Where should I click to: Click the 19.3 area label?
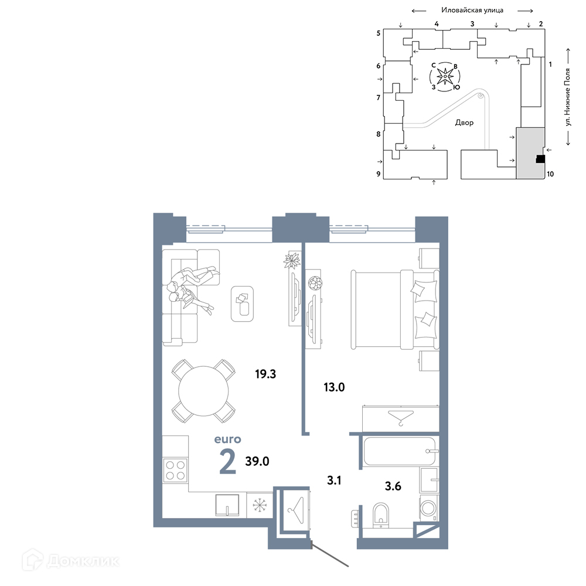[265, 374]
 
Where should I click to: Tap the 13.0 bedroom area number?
[334, 387]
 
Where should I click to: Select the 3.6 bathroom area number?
[393, 486]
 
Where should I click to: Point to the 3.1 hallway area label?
[334, 481]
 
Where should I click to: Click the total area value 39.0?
[257, 461]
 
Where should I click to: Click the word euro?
[227, 439]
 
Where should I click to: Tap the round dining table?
[203, 391]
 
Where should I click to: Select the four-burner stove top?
[175, 470]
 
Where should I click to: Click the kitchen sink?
[227, 505]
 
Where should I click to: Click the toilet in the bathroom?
[381, 515]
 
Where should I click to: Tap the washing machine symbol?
[428, 508]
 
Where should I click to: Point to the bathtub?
[399, 451]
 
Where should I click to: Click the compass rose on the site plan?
[445, 77]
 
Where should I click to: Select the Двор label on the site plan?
[464, 122]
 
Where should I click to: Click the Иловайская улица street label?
[472, 10]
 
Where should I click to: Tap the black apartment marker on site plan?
[540, 159]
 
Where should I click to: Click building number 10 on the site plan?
[550, 174]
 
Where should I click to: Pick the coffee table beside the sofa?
[242, 304]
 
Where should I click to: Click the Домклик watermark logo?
[71, 561]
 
